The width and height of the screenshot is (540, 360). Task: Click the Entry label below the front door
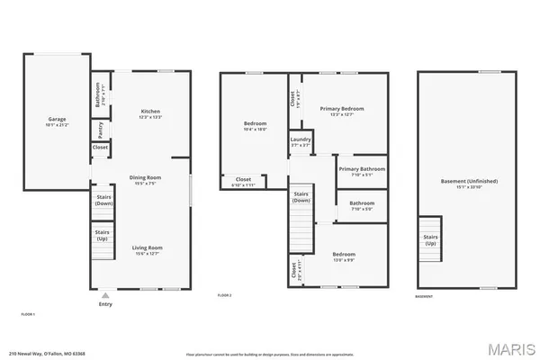coord(106,303)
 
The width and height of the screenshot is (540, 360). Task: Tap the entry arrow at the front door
coord(106,293)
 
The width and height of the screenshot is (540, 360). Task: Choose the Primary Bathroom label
coord(361,169)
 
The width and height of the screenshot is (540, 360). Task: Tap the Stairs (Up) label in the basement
coord(430,240)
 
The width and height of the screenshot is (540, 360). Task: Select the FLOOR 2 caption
coord(225,295)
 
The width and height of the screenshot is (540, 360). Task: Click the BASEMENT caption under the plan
coord(424,295)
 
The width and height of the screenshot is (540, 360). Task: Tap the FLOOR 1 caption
coord(28,314)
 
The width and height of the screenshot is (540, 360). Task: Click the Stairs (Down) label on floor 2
coord(301,197)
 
